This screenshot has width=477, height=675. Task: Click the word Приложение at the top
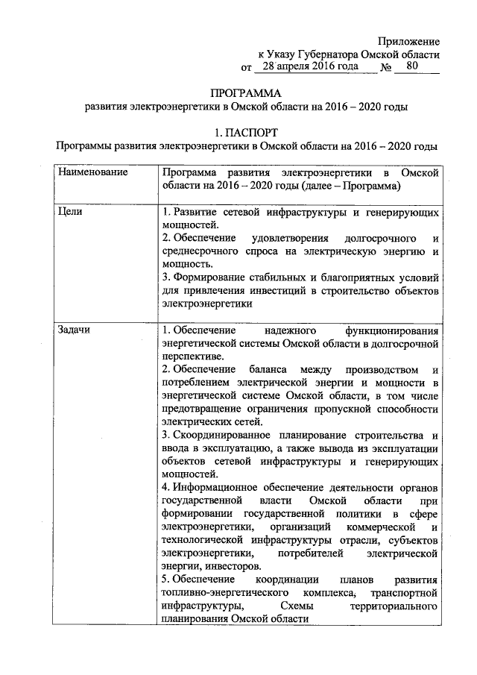408,42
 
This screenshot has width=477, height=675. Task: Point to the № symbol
386,68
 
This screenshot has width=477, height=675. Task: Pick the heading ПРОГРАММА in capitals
246,94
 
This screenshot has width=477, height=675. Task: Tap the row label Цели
69,213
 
